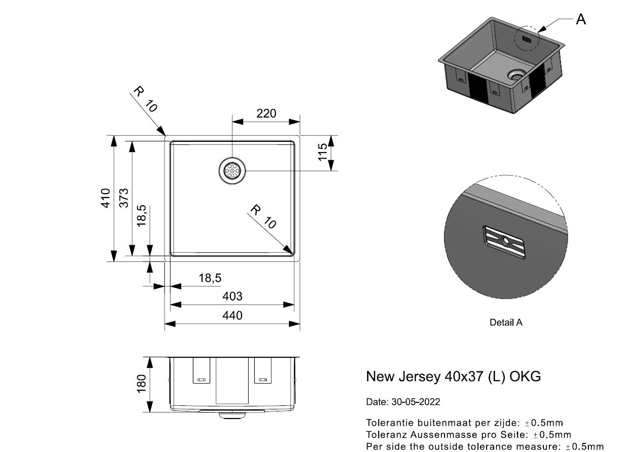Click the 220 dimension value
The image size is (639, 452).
pos(266,114)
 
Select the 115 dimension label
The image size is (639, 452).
pos(322,152)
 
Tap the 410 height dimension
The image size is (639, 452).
pos(106,198)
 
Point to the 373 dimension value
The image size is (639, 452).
pos(124,198)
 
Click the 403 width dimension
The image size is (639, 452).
pos(232,296)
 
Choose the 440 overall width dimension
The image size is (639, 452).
pos(232,315)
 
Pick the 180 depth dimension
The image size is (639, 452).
pos(141,384)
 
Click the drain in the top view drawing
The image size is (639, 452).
pos(232,171)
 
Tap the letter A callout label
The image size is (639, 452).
pos(581,19)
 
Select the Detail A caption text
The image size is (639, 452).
pos(506,322)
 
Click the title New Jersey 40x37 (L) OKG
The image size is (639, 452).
pos(453,376)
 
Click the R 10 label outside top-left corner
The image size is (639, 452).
pos(145,99)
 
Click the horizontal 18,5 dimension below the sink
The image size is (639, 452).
pos(210,278)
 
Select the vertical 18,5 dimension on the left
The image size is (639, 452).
pos(141,215)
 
